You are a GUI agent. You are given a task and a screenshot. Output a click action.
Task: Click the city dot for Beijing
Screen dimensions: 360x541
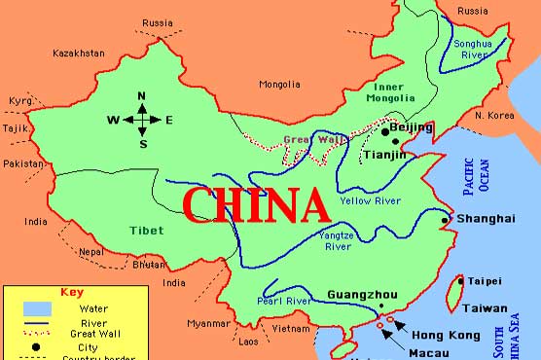pyautogui.click(x=385, y=130)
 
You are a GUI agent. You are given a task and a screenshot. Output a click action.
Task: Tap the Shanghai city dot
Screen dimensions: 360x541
pyautogui.click(x=445, y=220)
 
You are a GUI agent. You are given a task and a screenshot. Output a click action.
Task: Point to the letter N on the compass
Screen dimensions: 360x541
pyautogui.click(x=142, y=95)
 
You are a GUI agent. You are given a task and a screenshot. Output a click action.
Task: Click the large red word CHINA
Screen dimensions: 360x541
pyautogui.click(x=256, y=205)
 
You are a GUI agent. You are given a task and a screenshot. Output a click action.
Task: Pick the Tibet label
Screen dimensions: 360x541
pyautogui.click(x=145, y=230)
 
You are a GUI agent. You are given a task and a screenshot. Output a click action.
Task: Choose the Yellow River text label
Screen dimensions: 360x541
pyautogui.click(x=370, y=200)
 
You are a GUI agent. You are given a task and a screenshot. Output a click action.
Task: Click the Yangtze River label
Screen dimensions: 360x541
pyautogui.click(x=337, y=240)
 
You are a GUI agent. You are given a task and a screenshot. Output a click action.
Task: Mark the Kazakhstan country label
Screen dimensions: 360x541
pyautogui.click(x=80, y=53)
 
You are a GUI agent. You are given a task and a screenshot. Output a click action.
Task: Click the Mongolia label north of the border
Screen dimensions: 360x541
pyautogui.click(x=279, y=84)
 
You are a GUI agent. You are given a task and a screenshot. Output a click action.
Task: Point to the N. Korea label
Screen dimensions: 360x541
pyautogui.click(x=493, y=116)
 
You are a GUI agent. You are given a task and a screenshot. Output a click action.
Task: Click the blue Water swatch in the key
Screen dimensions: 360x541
pyautogui.click(x=35, y=310)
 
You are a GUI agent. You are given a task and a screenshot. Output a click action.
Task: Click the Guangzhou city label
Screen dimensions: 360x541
pyautogui.click(x=361, y=294)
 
